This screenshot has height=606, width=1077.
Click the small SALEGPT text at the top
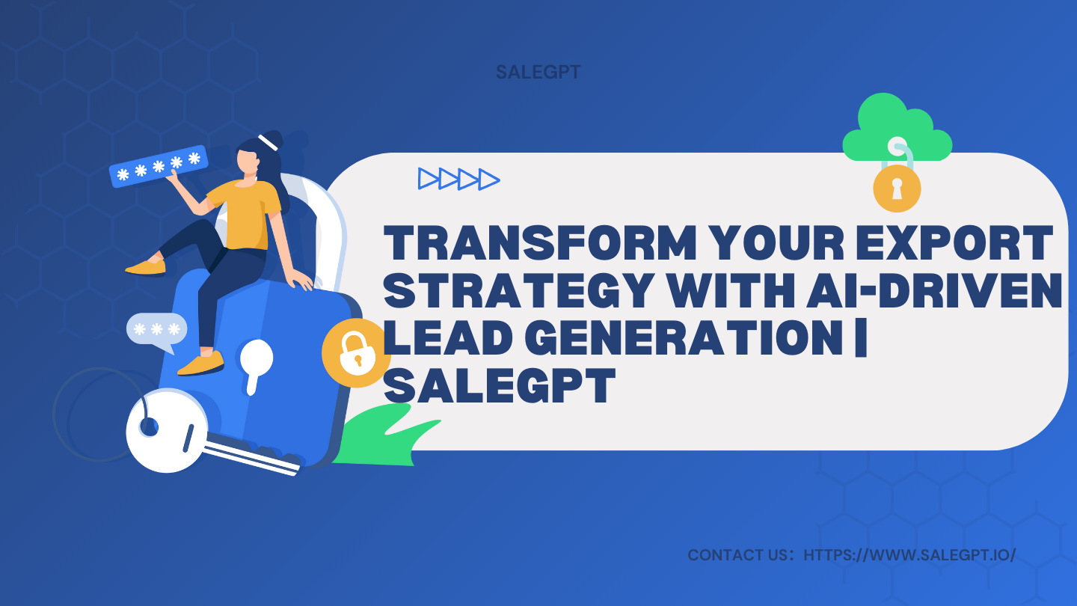coord(538,73)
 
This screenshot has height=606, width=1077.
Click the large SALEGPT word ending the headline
coord(500,387)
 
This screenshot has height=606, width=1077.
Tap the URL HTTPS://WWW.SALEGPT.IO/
coord(909,556)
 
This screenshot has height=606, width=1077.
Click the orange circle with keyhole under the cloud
coord(897,188)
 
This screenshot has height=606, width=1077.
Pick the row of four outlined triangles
coord(458,179)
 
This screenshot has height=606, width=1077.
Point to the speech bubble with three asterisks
coord(156,329)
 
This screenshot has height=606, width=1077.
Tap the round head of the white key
coord(160,429)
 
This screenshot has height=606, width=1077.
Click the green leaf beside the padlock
coord(384,438)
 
